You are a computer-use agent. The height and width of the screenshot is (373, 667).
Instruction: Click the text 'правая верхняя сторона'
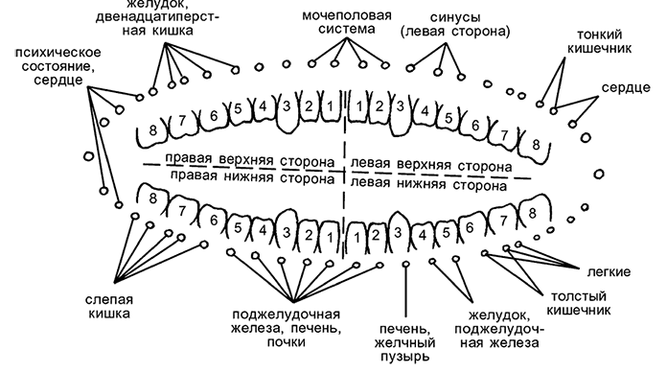[x=248, y=158]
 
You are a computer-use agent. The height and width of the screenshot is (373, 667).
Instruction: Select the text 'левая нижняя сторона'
[x=427, y=180]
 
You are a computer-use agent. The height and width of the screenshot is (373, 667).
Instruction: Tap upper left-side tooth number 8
[x=537, y=145]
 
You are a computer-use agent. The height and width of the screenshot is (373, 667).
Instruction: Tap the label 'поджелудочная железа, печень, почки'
[x=290, y=330]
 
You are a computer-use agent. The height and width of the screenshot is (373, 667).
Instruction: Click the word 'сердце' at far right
[x=620, y=87]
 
